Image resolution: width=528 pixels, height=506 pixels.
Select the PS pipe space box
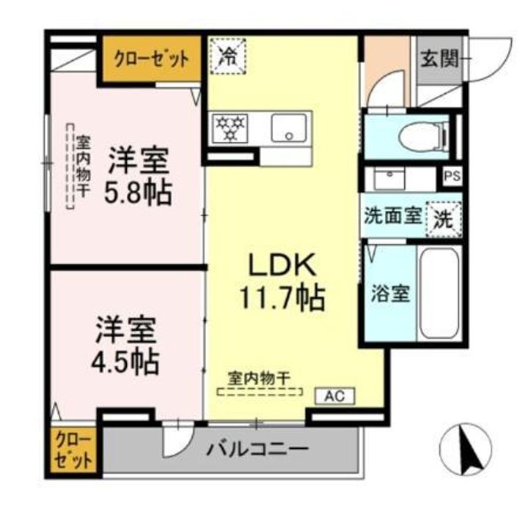pyautogui.click(x=452, y=176)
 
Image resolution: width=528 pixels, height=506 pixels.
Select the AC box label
pyautogui.click(x=334, y=396)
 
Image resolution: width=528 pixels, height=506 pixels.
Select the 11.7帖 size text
pyautogui.click(x=280, y=296)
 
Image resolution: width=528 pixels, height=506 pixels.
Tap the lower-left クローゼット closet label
pyautogui.click(x=73, y=451)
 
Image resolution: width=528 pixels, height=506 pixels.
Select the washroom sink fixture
pyautogui.click(x=389, y=178)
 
